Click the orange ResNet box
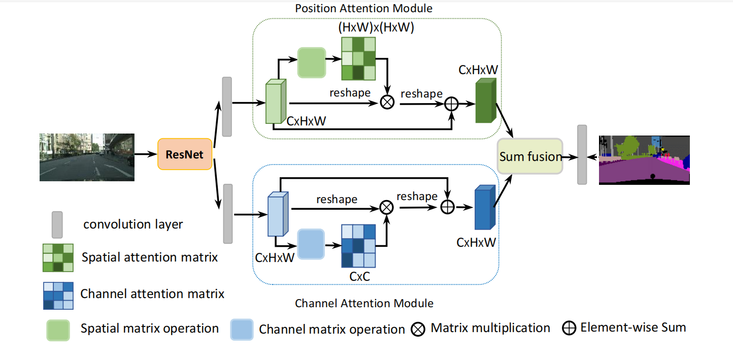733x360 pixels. [185, 154]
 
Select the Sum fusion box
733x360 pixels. [530, 156]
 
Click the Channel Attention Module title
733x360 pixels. [364, 304]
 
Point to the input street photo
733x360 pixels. [87, 157]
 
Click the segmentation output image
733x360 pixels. [644, 159]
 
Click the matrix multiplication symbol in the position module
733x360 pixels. [387, 103]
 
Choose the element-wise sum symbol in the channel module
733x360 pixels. [447, 207]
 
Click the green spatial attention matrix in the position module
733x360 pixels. [358, 59]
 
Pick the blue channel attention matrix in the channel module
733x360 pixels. [358, 246]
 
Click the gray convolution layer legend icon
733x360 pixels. [57, 224]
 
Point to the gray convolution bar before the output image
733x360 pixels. [582, 154]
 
